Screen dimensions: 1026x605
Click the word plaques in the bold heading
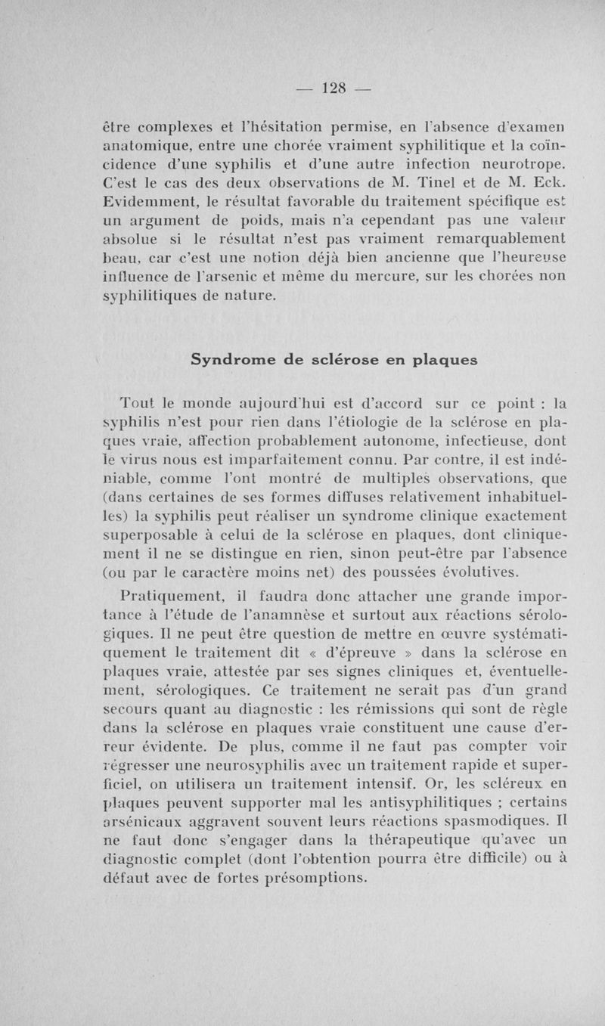click(438, 361)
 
